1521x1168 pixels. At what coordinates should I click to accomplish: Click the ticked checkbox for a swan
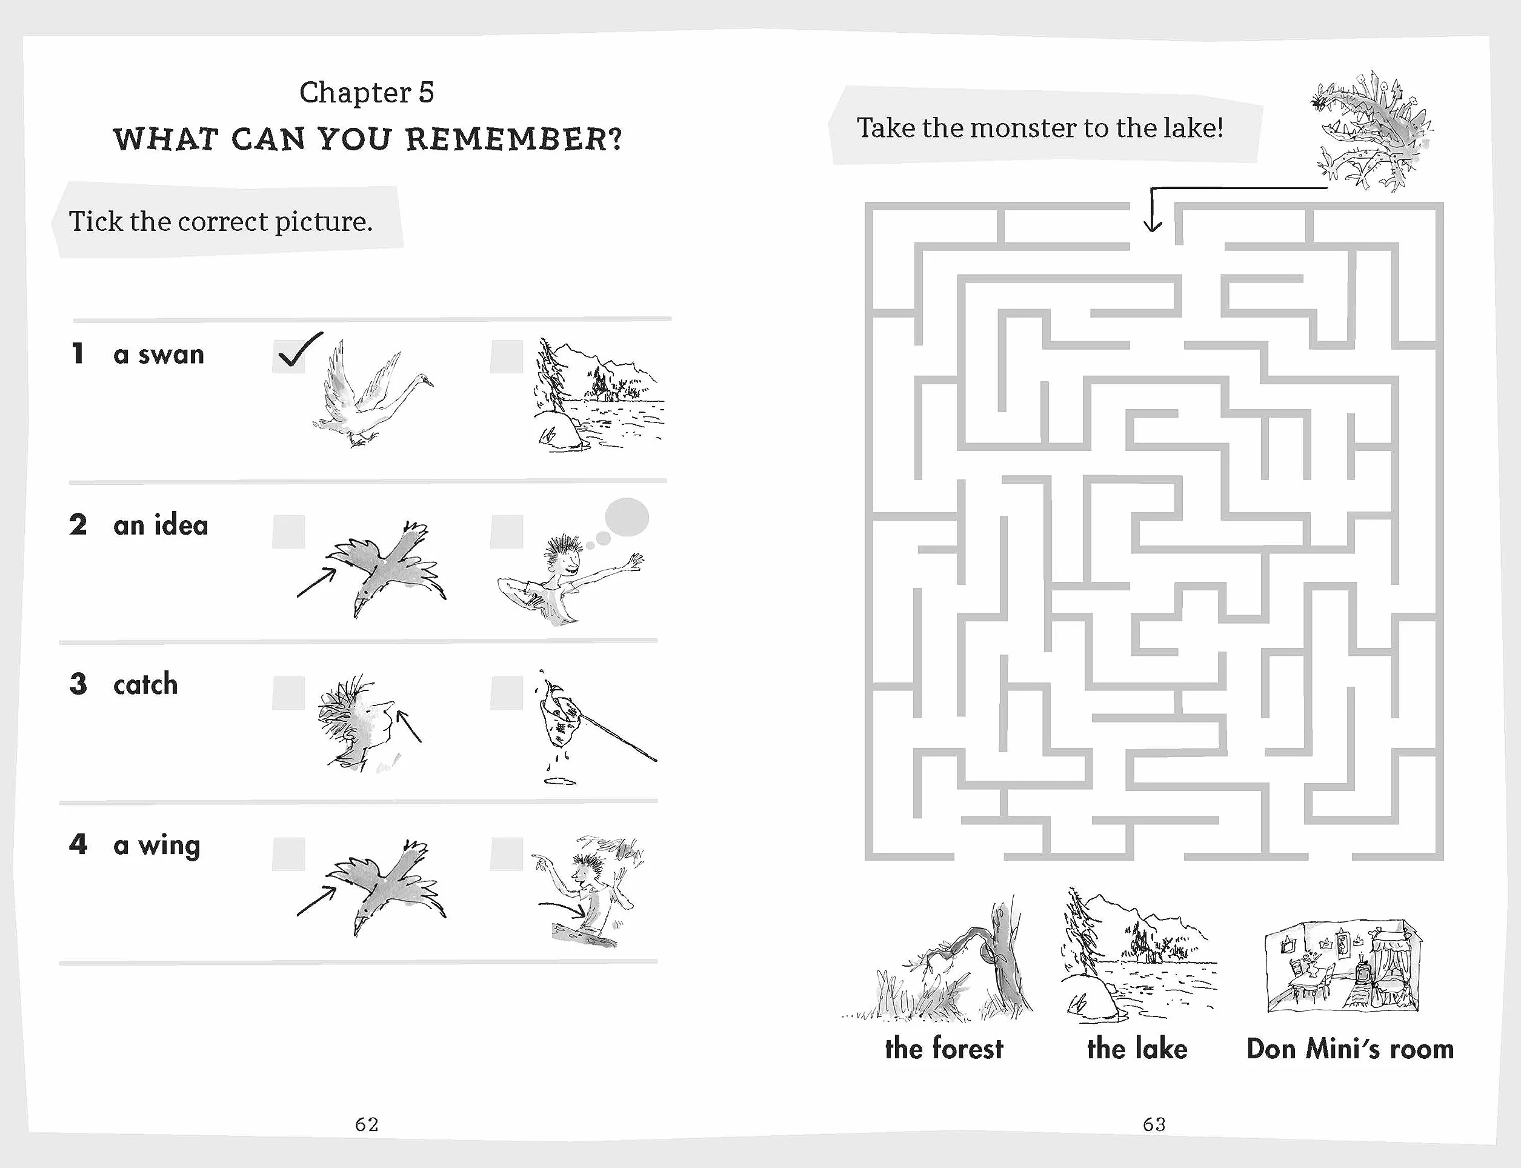tap(288, 356)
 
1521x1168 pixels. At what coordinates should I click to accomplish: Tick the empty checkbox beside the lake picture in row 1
tap(506, 356)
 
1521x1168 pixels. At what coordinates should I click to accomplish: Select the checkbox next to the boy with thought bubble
tap(506, 532)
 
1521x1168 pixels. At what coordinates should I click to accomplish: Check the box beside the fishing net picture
tap(506, 693)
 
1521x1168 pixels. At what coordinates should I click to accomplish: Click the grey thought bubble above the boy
tap(627, 517)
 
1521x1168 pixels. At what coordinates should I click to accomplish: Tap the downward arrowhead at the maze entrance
tap(1153, 224)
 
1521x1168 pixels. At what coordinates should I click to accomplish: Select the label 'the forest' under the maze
tap(944, 1049)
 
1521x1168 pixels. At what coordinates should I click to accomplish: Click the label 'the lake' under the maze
tap(1137, 1049)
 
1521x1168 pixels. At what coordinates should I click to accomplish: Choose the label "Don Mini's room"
tap(1350, 1049)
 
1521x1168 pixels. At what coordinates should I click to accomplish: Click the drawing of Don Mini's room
tap(1343, 966)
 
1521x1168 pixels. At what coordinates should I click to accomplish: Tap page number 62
tap(367, 1124)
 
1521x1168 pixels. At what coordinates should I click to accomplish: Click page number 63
tap(1154, 1124)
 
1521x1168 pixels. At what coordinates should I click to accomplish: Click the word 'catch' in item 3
tap(145, 685)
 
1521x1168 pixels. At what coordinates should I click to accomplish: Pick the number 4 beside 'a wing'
tap(78, 844)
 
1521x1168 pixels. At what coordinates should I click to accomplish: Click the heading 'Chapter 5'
tap(367, 93)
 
